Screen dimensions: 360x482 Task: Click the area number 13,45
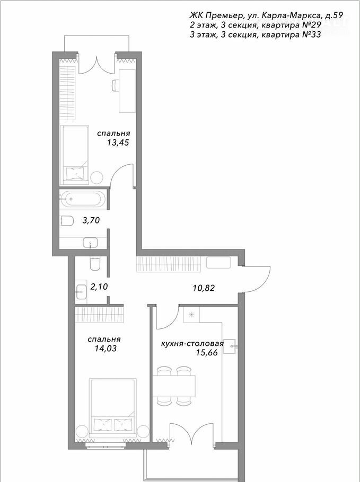118,142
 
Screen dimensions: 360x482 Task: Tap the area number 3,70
91,220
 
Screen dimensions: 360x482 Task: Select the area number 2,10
99,287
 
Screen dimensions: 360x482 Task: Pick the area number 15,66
207,353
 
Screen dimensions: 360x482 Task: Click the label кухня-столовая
192,343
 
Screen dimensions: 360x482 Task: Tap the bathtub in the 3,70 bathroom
83,199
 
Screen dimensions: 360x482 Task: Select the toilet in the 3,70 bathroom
66,221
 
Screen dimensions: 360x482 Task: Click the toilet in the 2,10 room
95,263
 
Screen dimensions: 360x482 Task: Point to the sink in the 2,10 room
81,290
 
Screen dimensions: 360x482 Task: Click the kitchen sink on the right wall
230,346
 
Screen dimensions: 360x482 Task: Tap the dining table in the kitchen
174,386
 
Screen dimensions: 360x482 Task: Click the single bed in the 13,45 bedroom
74,155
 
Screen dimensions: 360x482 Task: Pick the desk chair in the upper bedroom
115,85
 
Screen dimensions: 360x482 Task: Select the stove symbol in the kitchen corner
191,314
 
